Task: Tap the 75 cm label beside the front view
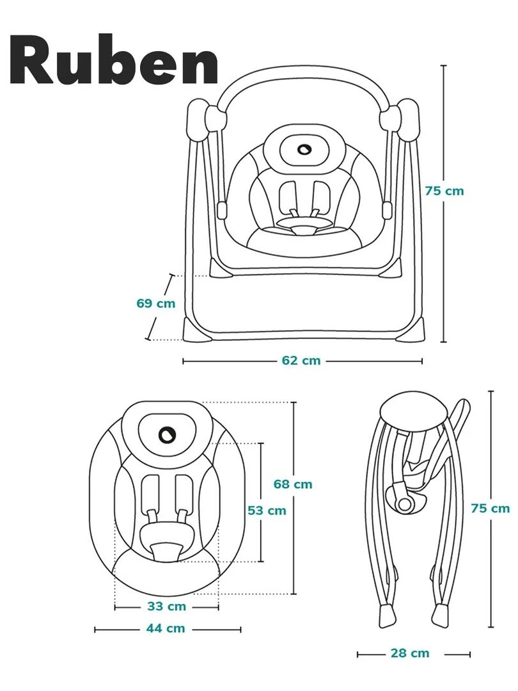444,191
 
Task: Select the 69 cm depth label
155,303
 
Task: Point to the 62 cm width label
301,361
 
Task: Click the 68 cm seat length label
293,484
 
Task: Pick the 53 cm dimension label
267,511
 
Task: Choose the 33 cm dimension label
166,606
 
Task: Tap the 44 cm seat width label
166,628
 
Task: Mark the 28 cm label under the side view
410,653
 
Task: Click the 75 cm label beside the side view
491,508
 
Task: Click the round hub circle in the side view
405,504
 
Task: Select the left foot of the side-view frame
387,614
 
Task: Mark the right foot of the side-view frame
441,614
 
